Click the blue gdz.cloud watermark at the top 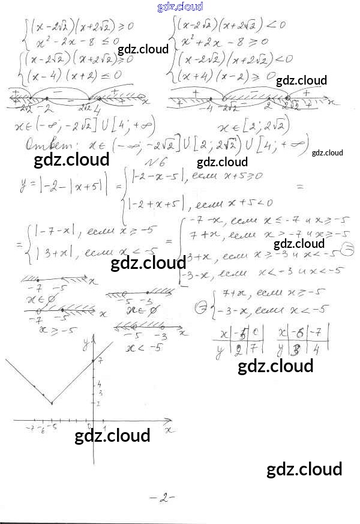tap(180, 7)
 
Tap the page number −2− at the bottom tap(162, 498)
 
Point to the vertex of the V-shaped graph tap(52, 403)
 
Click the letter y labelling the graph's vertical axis tap(86, 342)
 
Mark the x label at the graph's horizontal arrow tap(169, 430)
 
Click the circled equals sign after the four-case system tap(345, 250)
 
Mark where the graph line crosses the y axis tap(93, 361)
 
